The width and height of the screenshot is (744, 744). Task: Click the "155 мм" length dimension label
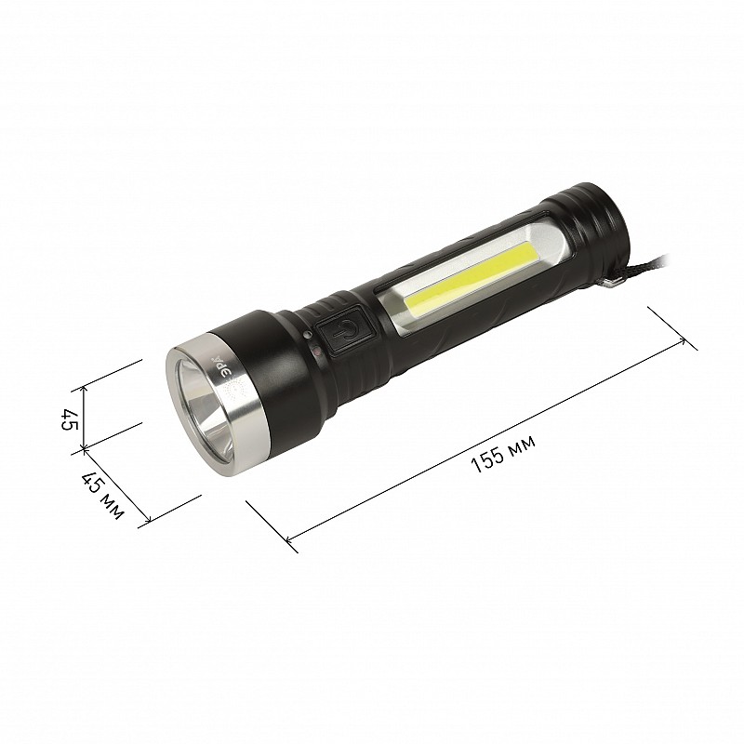(x=503, y=453)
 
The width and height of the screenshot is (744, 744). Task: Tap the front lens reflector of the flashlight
(x=206, y=407)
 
